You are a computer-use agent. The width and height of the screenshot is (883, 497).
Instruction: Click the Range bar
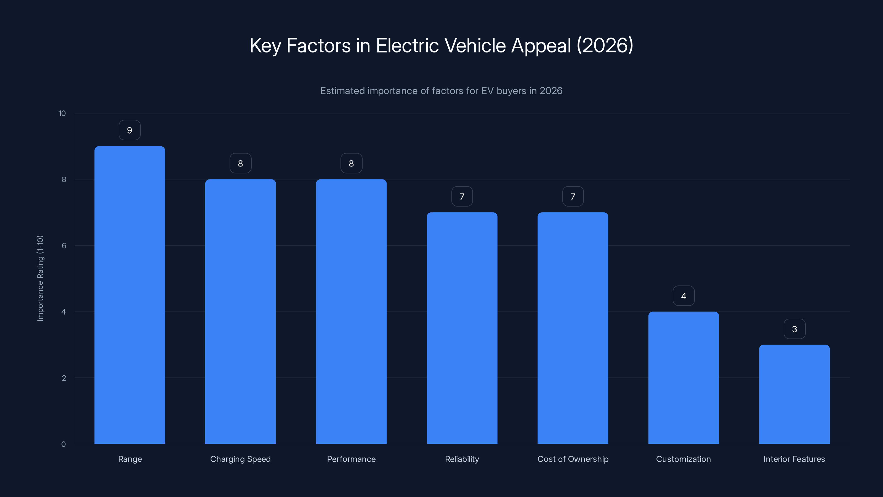130,295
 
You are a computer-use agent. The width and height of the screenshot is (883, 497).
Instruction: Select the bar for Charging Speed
240,311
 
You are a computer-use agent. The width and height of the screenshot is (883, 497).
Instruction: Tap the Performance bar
351,311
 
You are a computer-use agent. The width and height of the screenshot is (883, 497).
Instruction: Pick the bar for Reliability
462,328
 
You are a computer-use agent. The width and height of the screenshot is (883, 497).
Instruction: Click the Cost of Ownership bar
573,328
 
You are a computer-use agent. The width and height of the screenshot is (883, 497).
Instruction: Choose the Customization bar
683,378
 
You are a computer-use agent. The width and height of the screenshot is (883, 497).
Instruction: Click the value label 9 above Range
130,130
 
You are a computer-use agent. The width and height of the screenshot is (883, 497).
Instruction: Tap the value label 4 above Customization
683,296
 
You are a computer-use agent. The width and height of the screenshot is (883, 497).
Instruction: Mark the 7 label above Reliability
462,197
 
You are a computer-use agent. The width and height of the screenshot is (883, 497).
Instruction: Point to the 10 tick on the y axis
62,113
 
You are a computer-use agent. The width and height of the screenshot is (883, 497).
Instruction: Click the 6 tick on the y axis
64,245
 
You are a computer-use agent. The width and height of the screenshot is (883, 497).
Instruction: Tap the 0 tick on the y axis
63,444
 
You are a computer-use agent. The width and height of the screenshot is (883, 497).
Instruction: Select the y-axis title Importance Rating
40,278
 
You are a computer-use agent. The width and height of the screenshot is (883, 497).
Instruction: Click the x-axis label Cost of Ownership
573,459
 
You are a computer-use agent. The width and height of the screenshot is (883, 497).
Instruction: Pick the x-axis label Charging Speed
240,459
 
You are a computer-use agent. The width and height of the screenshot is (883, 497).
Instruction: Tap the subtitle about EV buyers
441,91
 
